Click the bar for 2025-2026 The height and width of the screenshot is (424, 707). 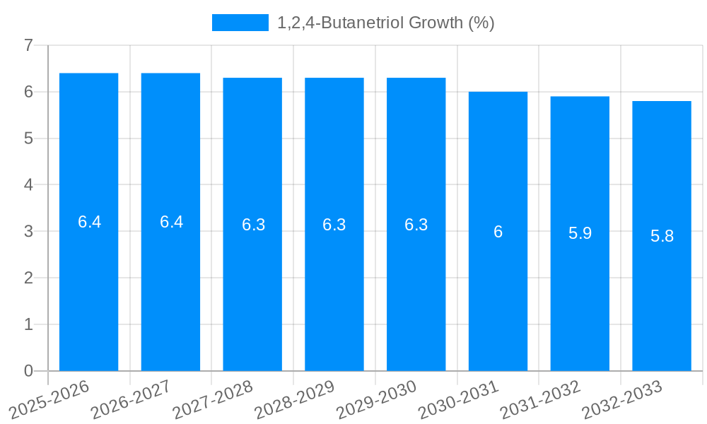(x=88, y=297)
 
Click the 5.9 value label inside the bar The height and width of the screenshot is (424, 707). (x=580, y=233)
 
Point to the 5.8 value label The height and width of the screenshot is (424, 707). (x=662, y=236)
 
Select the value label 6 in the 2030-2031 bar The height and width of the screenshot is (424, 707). (x=498, y=232)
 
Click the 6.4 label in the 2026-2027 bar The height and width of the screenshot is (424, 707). (x=171, y=222)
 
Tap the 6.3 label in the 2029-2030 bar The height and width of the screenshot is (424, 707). (x=416, y=225)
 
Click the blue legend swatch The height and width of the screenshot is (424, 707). (x=240, y=23)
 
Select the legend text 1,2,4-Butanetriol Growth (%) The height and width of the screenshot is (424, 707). (x=385, y=23)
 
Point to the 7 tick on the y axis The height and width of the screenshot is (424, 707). (x=28, y=46)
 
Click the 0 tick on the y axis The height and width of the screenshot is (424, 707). (x=28, y=371)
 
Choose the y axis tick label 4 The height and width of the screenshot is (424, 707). (x=28, y=185)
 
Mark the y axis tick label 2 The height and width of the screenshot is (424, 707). (x=28, y=278)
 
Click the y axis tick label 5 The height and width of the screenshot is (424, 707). (x=28, y=139)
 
